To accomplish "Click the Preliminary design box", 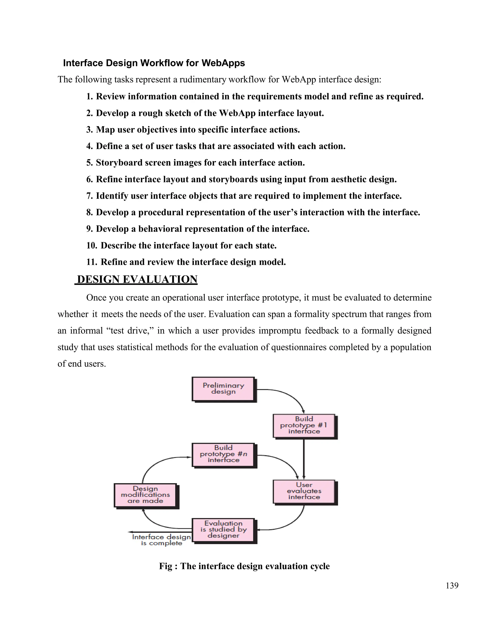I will click(223, 389).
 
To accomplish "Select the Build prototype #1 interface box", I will click(304, 425).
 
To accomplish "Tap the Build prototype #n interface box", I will click(223, 454).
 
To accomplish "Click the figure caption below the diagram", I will click(244, 566).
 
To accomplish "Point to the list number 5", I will click(89, 163).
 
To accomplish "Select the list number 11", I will click(91, 262).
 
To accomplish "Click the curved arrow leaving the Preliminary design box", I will click(290, 396).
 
